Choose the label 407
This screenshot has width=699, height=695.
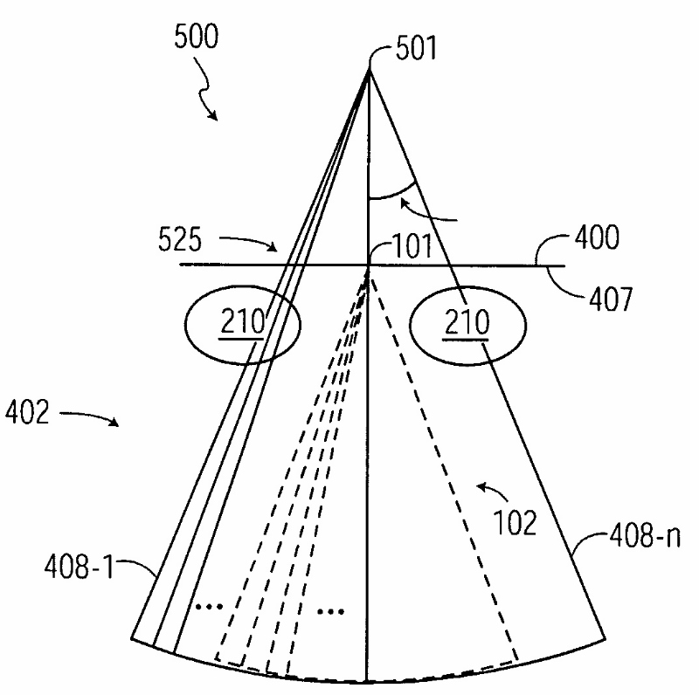point(606,301)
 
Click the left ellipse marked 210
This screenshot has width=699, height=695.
point(242,324)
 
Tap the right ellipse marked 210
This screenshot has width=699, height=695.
point(467,324)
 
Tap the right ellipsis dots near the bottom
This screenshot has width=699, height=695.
point(330,610)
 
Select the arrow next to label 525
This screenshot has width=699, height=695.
point(253,243)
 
